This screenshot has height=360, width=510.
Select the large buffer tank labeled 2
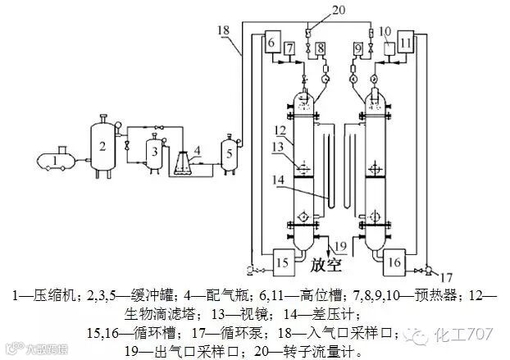click(x=102, y=147)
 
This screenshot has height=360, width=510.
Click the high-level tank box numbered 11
click(x=407, y=43)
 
